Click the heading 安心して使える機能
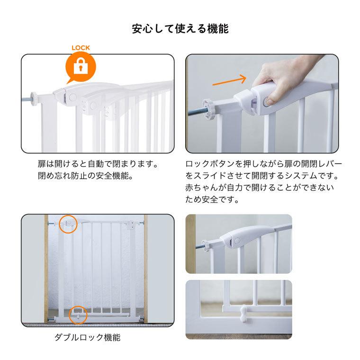pyautogui.click(x=180, y=29)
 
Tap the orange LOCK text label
pyautogui.click(x=81, y=48)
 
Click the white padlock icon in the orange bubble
pyautogui.click(x=81, y=66)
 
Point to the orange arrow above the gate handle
pyautogui.click(x=229, y=81)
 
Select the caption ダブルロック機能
pyautogui.click(x=88, y=337)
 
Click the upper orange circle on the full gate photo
pyautogui.click(x=68, y=225)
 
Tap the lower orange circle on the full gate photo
pyautogui.click(x=78, y=315)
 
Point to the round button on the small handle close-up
pyautogui.click(x=237, y=241)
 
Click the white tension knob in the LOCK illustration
pyautogui.click(x=34, y=99)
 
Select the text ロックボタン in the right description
pyautogui.click(x=210, y=164)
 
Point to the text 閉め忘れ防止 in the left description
pyautogui.click(x=63, y=176)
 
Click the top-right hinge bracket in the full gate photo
pyautogui.click(x=131, y=224)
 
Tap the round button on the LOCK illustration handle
pyautogui.click(x=73, y=97)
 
